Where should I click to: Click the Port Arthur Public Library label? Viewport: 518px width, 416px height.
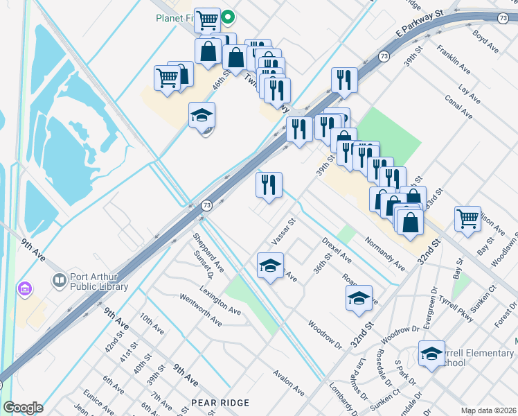99,282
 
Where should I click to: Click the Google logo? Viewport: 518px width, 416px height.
23,408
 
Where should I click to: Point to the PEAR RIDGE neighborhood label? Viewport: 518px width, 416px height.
220,403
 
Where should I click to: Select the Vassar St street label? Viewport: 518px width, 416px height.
283,232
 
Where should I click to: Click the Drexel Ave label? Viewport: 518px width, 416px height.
337,250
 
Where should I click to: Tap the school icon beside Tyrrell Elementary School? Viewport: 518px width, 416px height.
431,355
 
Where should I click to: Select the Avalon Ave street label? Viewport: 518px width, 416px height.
289,382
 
